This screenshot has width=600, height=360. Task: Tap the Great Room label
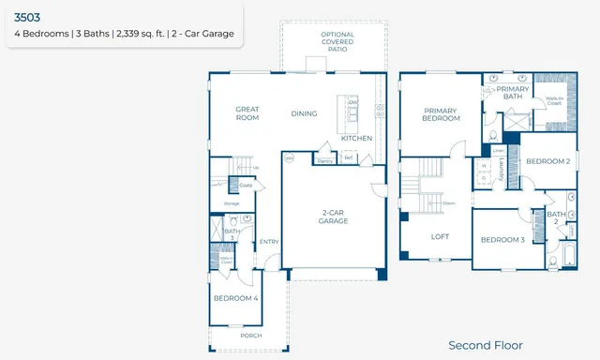(247, 113)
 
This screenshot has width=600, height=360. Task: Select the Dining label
(304, 113)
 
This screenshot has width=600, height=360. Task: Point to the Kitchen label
(356, 138)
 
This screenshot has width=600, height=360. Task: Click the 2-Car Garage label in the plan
(333, 217)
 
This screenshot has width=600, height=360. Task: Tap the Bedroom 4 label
(235, 298)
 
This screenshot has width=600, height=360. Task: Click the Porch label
(250, 335)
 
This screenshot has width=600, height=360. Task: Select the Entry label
(269, 241)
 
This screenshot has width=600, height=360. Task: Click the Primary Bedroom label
(441, 113)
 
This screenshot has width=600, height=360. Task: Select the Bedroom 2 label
(547, 161)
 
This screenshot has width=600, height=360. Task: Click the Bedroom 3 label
(502, 240)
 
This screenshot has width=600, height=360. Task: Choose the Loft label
(441, 237)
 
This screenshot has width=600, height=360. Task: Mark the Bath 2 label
(556, 217)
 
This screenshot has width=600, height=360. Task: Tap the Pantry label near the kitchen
(325, 160)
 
